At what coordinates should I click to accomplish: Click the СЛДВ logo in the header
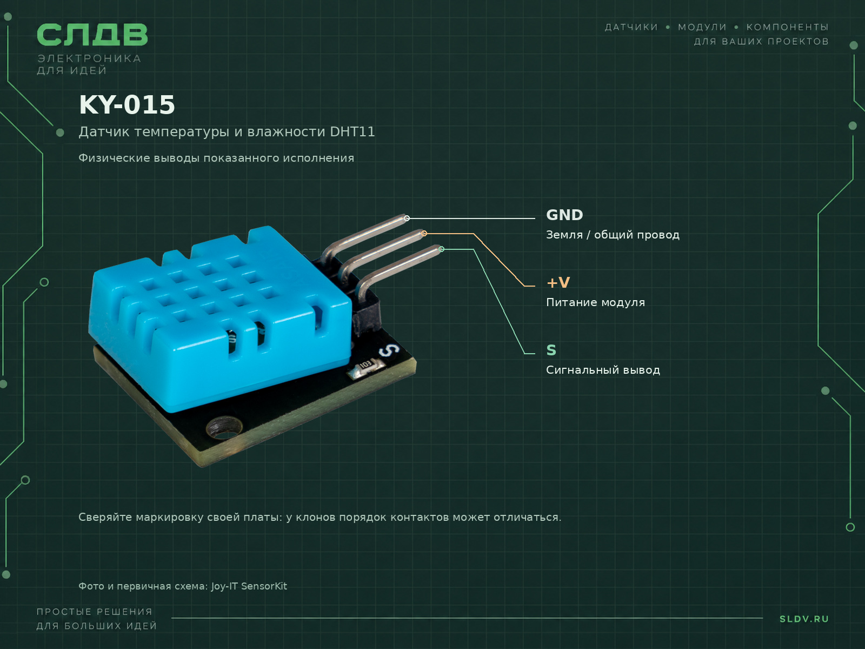92,35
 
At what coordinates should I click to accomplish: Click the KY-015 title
127,105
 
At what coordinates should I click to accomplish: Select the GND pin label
564,215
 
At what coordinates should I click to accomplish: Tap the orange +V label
558,282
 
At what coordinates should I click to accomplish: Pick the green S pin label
551,350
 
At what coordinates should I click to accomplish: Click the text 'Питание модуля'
595,303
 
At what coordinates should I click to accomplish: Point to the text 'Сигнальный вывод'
603,370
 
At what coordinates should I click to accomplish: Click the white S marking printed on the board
389,350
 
